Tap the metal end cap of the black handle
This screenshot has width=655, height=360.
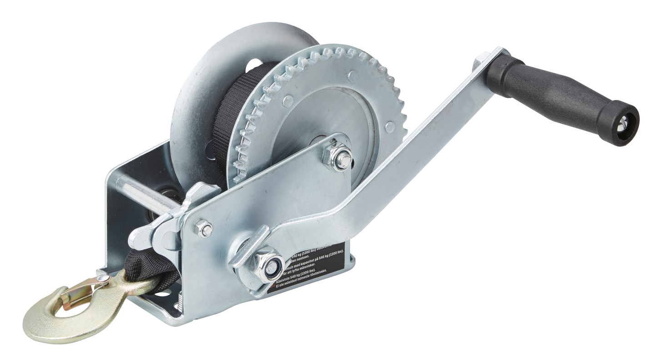[622, 123]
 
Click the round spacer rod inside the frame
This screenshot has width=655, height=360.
[141, 193]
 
